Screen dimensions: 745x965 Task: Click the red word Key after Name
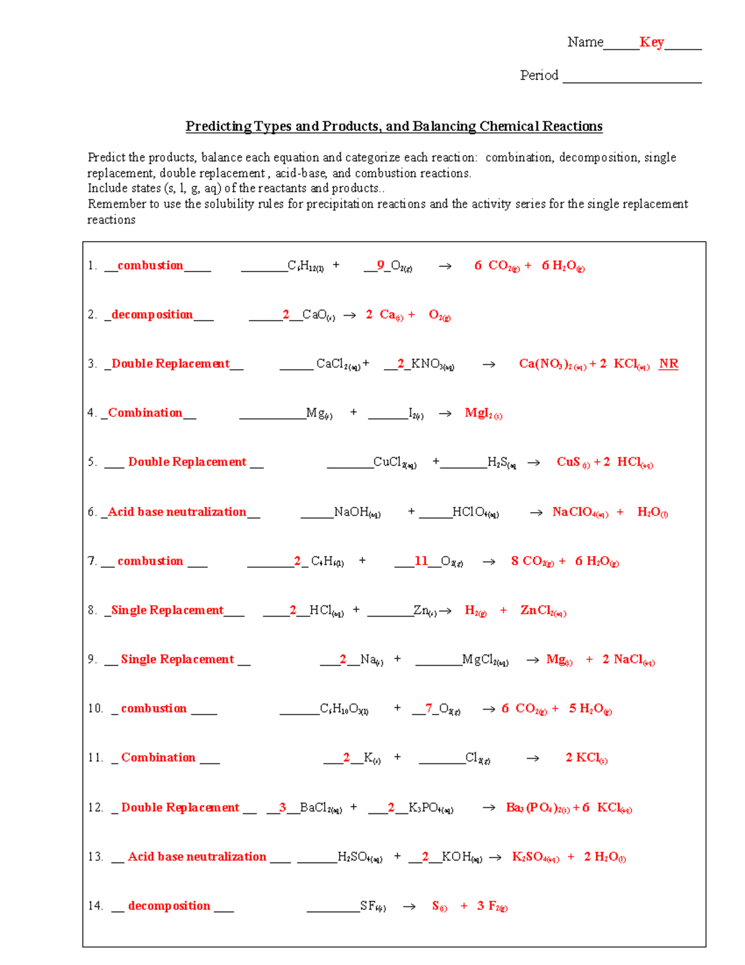click(x=651, y=42)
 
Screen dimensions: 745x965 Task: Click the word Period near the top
click(x=539, y=75)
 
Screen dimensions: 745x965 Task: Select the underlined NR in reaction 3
click(x=668, y=364)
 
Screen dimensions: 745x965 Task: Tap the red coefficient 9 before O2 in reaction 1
click(x=381, y=265)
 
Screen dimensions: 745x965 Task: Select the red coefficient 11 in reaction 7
click(x=422, y=561)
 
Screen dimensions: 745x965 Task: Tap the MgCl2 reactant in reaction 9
click(x=485, y=660)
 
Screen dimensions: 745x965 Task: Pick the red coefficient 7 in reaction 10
click(x=428, y=708)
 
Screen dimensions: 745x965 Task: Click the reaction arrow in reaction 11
click(x=533, y=758)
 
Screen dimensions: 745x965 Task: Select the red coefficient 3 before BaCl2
click(x=282, y=807)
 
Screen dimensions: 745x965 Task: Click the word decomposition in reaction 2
click(x=152, y=314)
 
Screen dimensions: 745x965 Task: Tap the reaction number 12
click(x=95, y=807)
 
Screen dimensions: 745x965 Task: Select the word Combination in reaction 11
click(x=158, y=757)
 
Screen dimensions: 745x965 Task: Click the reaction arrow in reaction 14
click(x=409, y=907)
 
